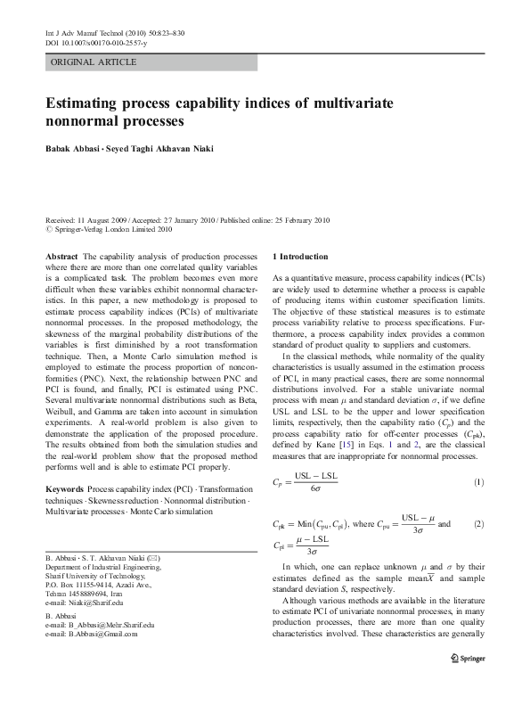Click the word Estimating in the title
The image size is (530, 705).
pyautogui.click(x=86, y=103)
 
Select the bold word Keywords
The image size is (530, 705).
pyautogui.click(x=64, y=490)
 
